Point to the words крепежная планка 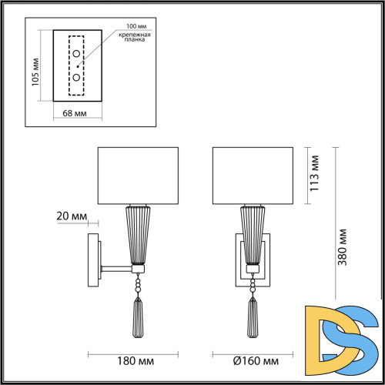(x=132, y=40)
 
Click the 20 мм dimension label (x=72, y=217)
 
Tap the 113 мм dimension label (x=314, y=176)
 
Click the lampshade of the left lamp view (x=139, y=176)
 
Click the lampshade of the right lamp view (x=251, y=176)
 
